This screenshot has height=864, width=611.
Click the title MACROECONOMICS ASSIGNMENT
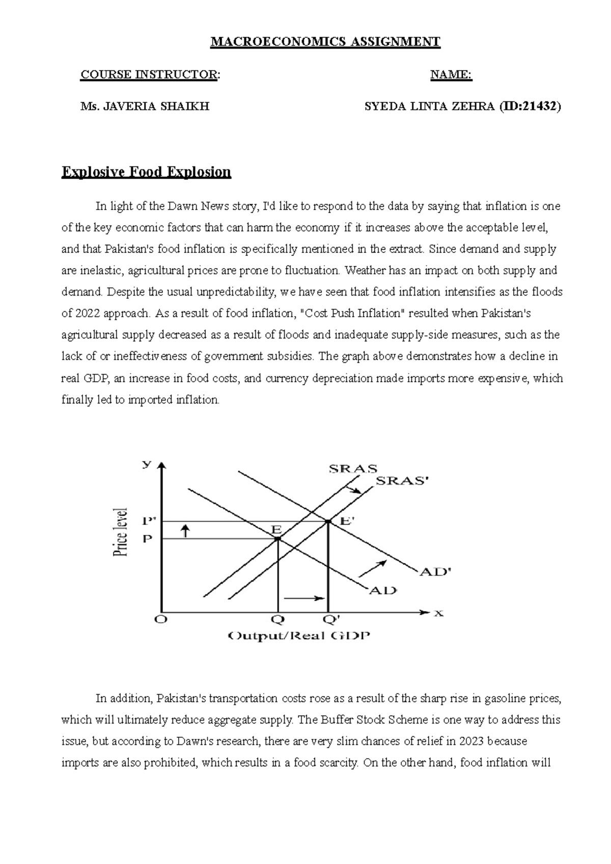pyautogui.click(x=325, y=42)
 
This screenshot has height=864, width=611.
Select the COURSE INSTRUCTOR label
pyautogui.click(x=150, y=75)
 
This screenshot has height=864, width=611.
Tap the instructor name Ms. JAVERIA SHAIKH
pyautogui.click(x=145, y=106)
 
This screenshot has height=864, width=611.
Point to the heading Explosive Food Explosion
pyautogui.click(x=146, y=172)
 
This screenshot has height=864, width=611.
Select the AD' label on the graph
pyautogui.click(x=435, y=572)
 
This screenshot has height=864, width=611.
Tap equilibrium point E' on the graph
pyautogui.click(x=328, y=521)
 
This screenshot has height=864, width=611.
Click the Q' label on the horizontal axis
pyautogui.click(x=331, y=620)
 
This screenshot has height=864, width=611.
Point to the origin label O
pyautogui.click(x=161, y=620)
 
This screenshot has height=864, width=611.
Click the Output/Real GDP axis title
pyautogui.click(x=299, y=636)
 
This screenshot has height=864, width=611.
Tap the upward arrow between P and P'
pyautogui.click(x=185, y=531)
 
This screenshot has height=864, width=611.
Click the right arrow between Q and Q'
pyautogui.click(x=304, y=598)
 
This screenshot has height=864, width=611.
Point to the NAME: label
pyautogui.click(x=451, y=75)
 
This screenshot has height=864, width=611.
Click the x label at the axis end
pyautogui.click(x=438, y=614)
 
